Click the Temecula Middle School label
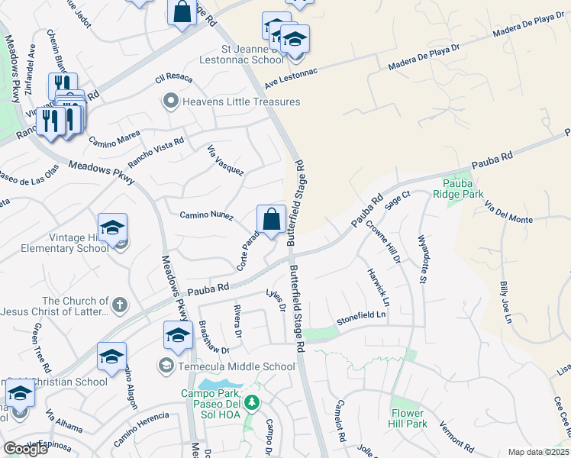click(237, 366)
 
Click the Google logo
click(25, 448)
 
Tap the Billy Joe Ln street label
click(505, 302)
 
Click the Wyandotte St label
click(421, 259)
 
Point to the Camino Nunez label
click(206, 217)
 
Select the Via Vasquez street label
click(225, 160)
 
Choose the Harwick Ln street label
click(379, 288)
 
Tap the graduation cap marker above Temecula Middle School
click(178, 335)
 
